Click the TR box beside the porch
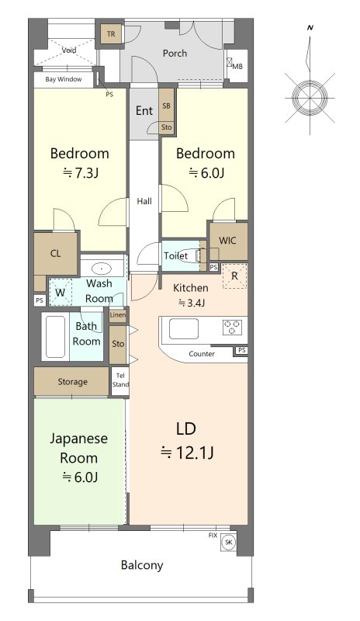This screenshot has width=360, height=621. point(111,34)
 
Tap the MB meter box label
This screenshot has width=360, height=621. point(237,67)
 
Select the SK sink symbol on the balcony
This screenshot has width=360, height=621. point(229,542)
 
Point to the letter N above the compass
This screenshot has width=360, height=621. point(310,28)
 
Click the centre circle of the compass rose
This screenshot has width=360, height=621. point(310,98)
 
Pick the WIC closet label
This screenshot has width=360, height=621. point(227,241)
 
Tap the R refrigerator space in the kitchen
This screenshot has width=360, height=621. point(234,276)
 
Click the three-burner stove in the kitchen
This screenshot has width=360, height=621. point(232,328)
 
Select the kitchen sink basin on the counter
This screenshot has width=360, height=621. point(184,328)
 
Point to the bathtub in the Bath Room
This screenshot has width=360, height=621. point(55,337)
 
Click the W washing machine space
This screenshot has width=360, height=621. point(61,293)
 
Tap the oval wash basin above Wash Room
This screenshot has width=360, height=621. point(102,269)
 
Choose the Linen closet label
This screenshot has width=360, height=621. point(118,315)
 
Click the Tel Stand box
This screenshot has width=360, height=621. point(120,380)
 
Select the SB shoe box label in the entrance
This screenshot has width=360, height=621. point(166,106)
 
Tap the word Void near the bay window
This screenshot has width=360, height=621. point(69,50)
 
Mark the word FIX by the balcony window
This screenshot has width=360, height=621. point(213,535)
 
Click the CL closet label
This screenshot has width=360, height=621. point(55,254)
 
